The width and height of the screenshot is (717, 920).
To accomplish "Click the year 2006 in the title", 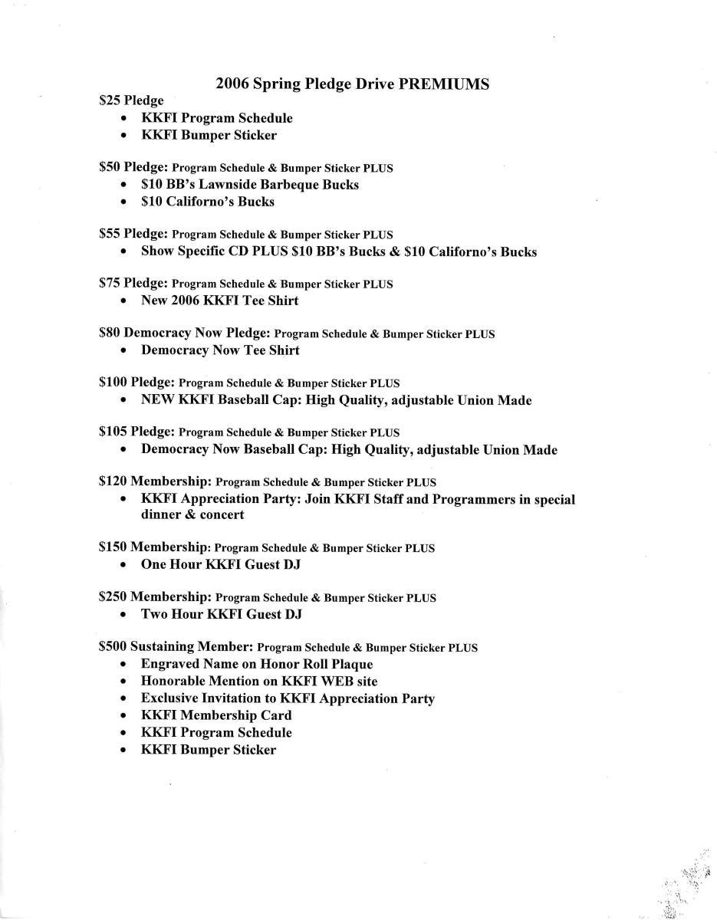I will point(232,84).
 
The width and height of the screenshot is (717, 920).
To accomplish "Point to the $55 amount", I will point(110,234).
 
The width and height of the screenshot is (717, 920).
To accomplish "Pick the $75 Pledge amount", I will point(110,283).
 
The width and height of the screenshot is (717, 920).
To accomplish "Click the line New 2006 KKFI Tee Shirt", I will point(219,301).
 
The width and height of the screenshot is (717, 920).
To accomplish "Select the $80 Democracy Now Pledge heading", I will point(185,333).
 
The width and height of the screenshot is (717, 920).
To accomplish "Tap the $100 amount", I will point(113,382).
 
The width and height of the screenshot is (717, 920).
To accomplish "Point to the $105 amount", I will point(113,432).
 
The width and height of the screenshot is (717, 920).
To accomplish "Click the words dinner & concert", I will point(192,515).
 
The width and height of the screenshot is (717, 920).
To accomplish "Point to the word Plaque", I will point(347,664).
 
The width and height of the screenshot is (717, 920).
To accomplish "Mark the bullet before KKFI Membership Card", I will point(124,716).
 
